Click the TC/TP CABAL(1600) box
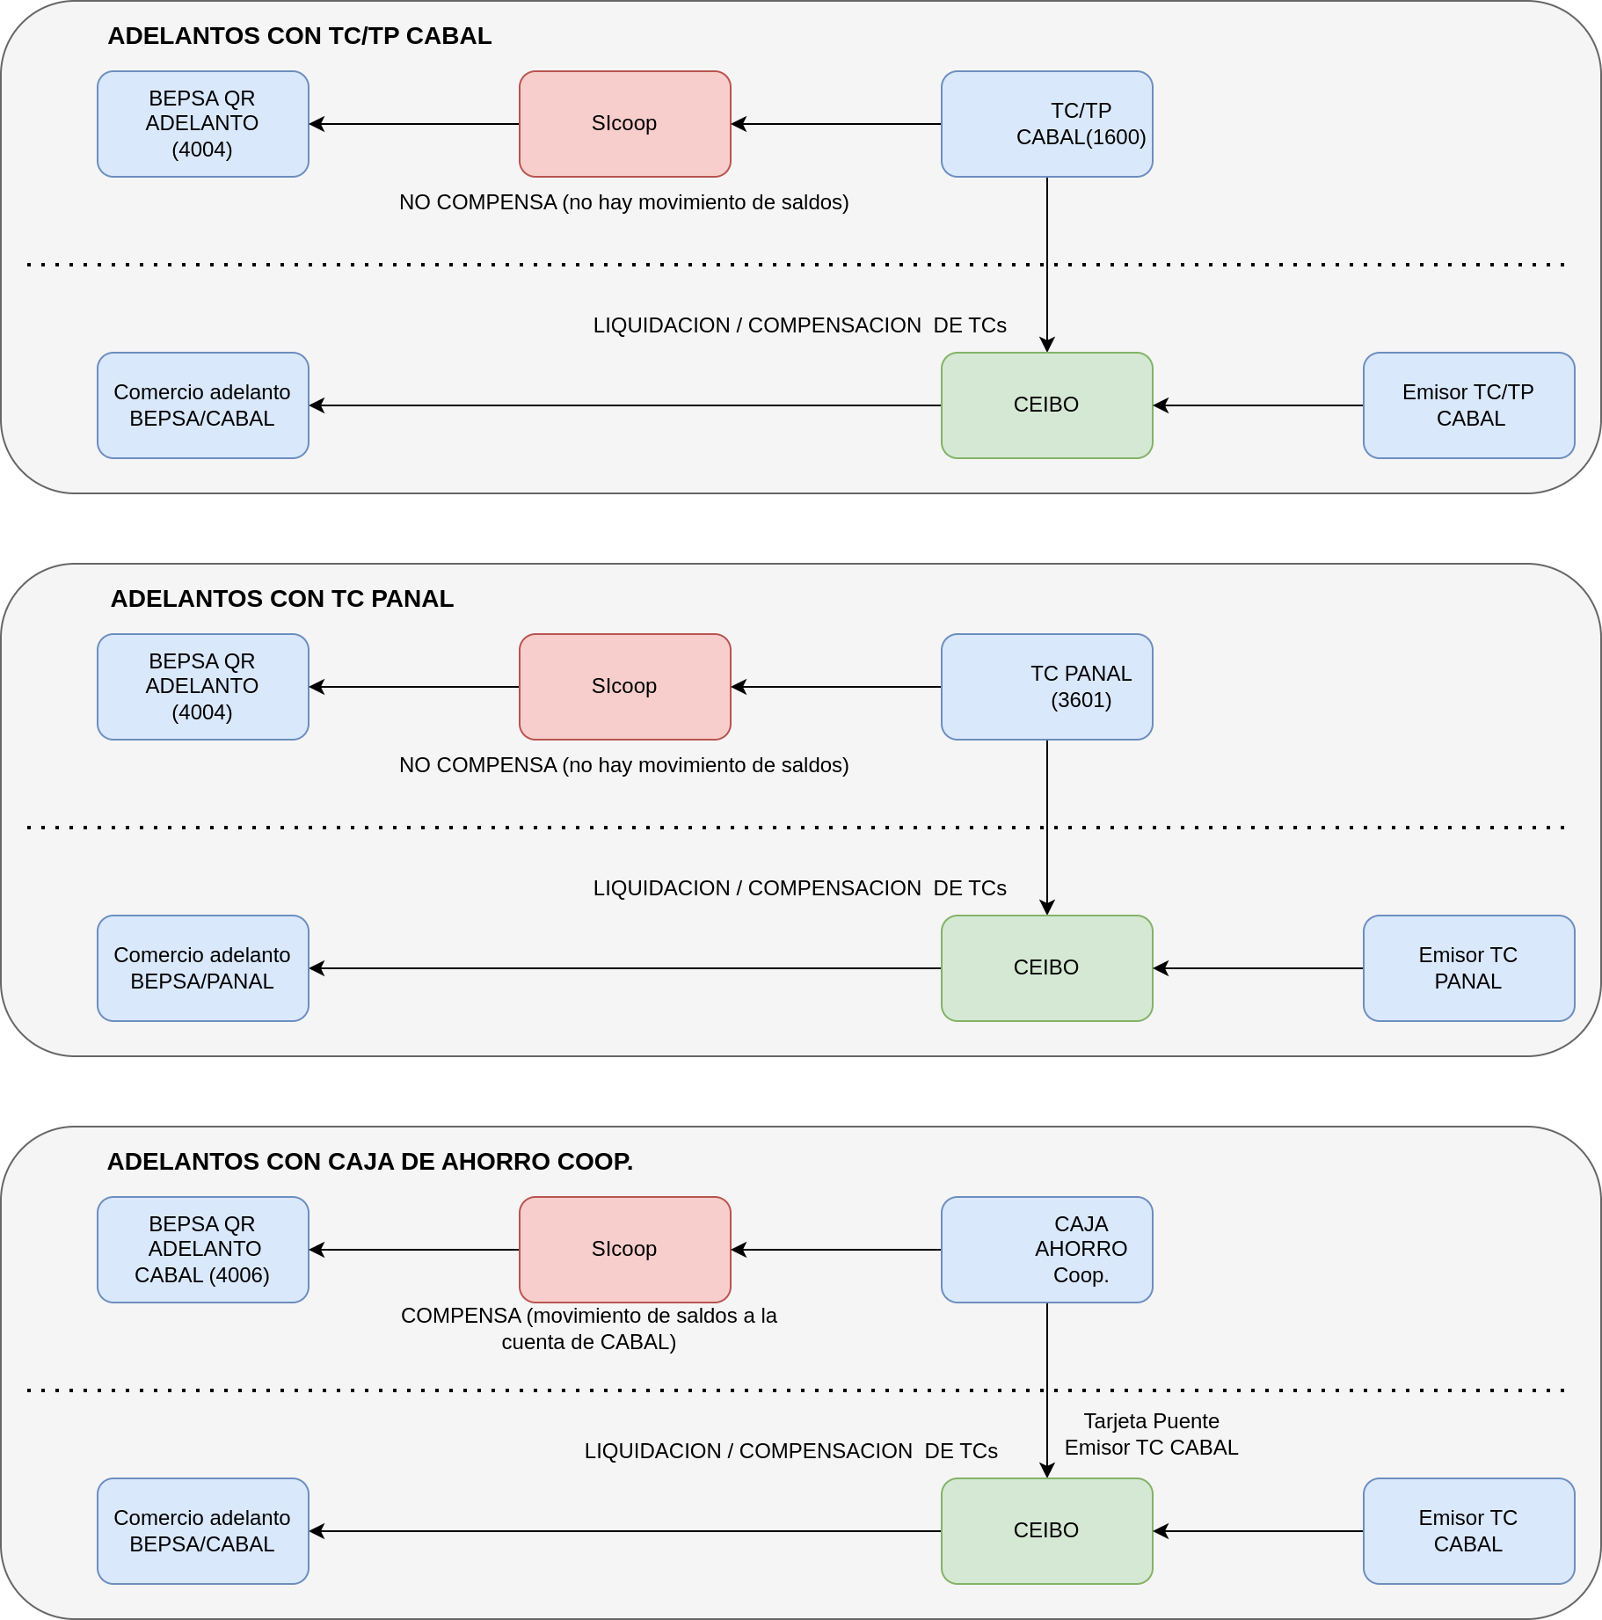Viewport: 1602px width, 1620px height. coord(1046,124)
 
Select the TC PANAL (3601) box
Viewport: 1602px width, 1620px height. coord(1046,687)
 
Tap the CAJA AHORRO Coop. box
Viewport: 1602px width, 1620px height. coord(1046,1250)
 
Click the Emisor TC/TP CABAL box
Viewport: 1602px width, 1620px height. coord(1468,405)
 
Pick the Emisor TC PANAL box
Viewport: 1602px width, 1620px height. coord(1468,968)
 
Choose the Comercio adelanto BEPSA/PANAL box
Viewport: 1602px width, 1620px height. coord(202,968)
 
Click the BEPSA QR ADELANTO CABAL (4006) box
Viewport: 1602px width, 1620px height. coord(202,1250)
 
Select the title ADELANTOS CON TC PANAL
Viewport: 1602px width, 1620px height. coord(282,599)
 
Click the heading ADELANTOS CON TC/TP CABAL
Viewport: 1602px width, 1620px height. coord(300,36)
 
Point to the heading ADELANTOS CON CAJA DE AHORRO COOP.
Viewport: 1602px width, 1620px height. coord(370,1162)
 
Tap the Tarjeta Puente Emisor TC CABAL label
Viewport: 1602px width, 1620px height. coord(1151,1434)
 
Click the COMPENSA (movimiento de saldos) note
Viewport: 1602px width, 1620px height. coord(589,1329)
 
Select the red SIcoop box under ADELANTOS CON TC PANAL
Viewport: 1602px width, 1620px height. coord(624,687)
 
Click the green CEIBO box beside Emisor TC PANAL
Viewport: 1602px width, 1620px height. coord(1046,968)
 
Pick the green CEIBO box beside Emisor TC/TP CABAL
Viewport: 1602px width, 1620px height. coord(1046,405)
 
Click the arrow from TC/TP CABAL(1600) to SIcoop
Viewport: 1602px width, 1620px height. coord(836,124)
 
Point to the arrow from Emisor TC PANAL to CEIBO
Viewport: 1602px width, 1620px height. coord(1258,968)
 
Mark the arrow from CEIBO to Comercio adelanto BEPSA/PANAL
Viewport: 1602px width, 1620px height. coord(625,968)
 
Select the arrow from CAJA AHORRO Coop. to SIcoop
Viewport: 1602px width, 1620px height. coord(836,1250)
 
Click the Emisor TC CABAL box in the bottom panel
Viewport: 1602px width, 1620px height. coord(1468,1531)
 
